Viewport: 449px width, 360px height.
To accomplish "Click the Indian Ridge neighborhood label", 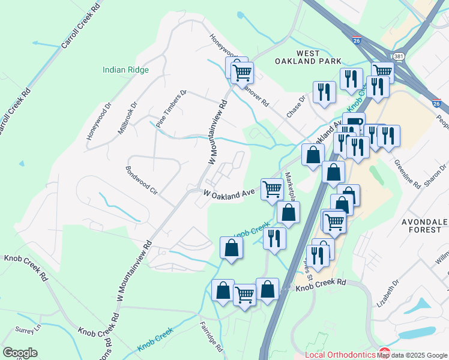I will click(125, 70).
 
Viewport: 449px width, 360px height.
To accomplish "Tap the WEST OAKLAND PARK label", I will click(309, 57).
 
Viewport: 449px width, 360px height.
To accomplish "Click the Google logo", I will click(20, 353).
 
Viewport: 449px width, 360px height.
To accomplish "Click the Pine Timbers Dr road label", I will click(172, 108).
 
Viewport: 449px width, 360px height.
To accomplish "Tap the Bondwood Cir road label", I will click(142, 181).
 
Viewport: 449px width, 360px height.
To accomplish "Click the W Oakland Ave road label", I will click(230, 194).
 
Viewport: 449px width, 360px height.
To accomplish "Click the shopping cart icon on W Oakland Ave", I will click(273, 189).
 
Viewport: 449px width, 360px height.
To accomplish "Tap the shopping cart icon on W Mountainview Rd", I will click(243, 73).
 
